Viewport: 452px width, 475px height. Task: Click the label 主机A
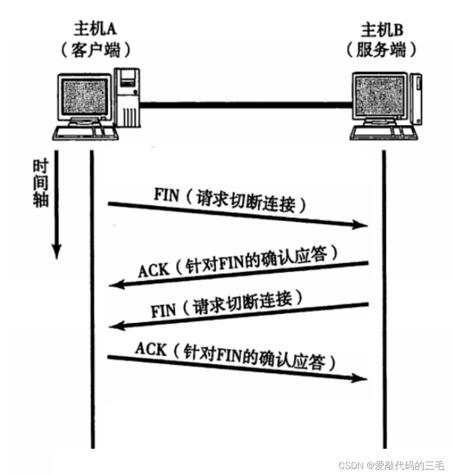pyautogui.click(x=94, y=28)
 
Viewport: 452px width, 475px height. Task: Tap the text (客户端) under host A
pyautogui.click(x=94, y=50)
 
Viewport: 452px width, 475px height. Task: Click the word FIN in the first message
pyautogui.click(x=166, y=195)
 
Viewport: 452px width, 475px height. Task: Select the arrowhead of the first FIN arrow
pyautogui.click(x=361, y=225)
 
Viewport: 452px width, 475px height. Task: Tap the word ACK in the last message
pyautogui.click(x=150, y=349)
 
